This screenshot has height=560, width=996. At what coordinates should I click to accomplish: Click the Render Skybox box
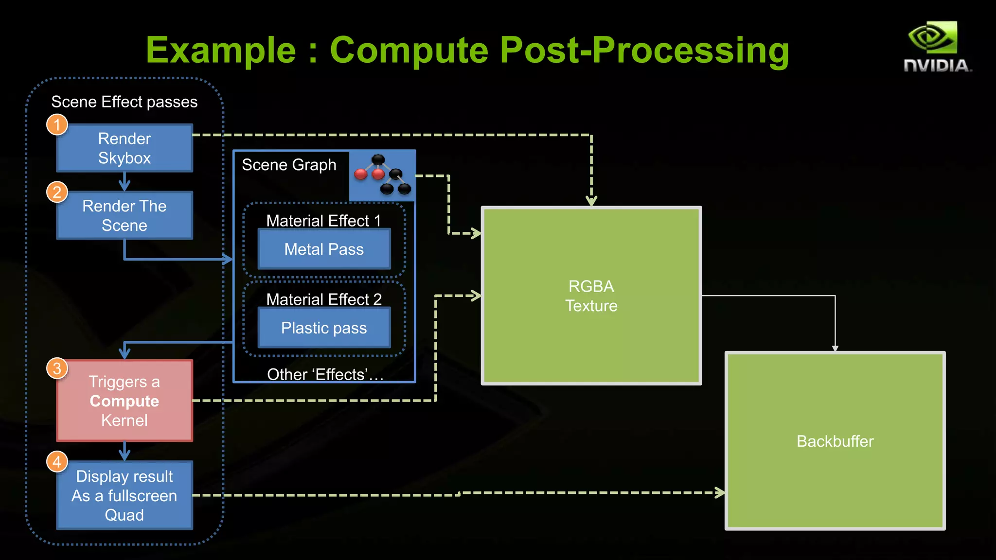124,148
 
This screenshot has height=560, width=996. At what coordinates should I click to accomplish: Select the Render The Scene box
124,215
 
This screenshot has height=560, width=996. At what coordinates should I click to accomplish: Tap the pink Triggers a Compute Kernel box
124,401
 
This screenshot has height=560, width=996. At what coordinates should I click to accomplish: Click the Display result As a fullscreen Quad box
124,495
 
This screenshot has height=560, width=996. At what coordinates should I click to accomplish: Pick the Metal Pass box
324,249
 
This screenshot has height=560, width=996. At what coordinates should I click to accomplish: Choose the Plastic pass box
324,328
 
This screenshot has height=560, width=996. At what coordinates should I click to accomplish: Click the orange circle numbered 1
57,124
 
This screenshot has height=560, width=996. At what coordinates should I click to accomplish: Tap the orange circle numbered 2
57,192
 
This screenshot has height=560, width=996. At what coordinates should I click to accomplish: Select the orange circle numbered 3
57,368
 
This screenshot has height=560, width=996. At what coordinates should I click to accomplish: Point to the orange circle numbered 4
57,461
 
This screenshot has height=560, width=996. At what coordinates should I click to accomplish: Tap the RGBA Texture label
591,296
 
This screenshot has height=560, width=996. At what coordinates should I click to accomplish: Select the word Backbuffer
835,441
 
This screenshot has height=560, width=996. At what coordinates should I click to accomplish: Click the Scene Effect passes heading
124,102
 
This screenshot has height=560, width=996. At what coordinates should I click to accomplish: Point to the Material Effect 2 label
324,299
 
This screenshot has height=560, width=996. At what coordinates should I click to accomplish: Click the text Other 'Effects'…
325,374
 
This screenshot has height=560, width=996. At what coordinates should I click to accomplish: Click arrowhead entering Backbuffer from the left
720,492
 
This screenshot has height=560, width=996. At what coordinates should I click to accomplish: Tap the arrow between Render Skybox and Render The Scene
124,182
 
